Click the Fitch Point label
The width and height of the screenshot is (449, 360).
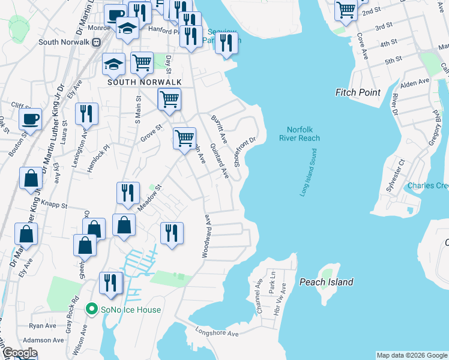click(x=358, y=92)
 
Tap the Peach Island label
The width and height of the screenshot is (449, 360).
click(x=326, y=282)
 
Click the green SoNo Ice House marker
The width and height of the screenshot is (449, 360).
click(x=92, y=310)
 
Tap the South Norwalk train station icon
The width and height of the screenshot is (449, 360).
click(x=95, y=42)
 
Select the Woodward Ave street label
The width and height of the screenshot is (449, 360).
click(x=206, y=236)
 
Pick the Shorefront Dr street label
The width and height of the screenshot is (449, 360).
click(x=245, y=150)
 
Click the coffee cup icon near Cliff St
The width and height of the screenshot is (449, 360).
click(x=30, y=119)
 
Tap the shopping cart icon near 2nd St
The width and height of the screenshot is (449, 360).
click(x=346, y=10)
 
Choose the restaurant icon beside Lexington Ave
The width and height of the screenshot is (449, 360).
click(x=86, y=113)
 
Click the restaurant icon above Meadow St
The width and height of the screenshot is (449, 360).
click(x=127, y=193)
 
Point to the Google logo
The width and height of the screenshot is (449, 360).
click(x=20, y=353)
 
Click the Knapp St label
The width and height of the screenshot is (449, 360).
click(x=55, y=205)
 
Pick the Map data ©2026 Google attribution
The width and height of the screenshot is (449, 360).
click(x=412, y=355)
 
